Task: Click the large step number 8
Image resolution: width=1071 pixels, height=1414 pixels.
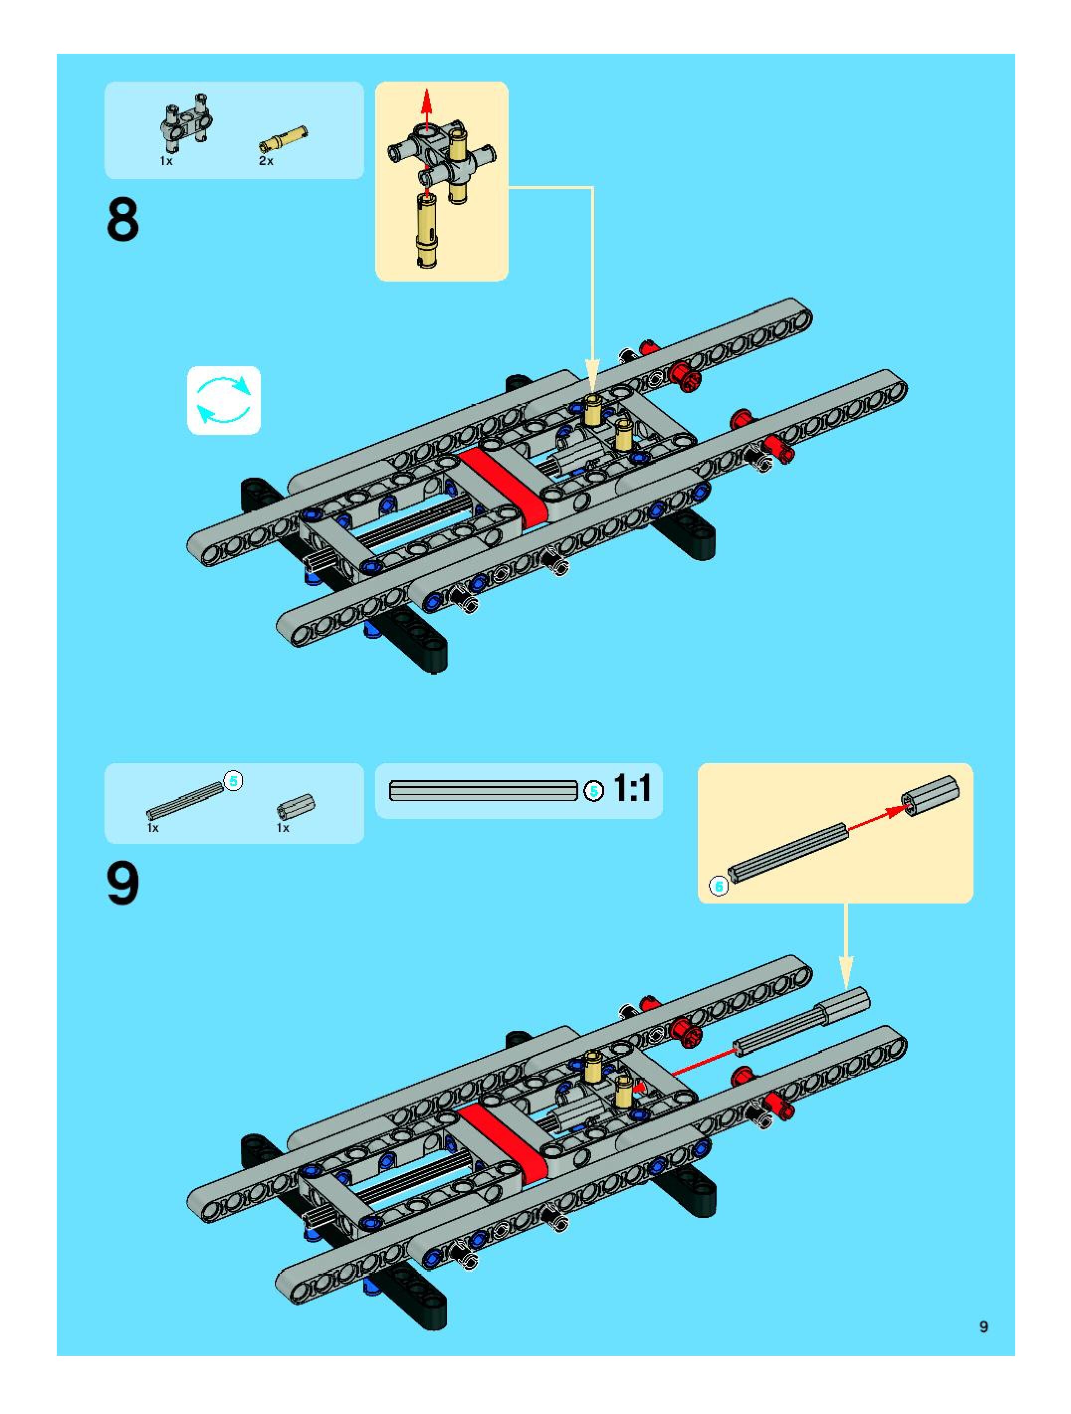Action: click(123, 220)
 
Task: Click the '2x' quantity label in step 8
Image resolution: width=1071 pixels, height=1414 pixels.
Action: click(266, 161)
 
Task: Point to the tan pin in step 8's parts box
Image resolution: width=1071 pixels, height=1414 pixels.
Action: click(283, 137)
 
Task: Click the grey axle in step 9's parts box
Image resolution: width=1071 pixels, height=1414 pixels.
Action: click(185, 801)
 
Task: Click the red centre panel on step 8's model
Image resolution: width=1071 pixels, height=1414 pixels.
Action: click(503, 486)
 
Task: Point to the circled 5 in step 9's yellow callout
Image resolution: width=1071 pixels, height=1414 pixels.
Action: click(719, 887)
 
